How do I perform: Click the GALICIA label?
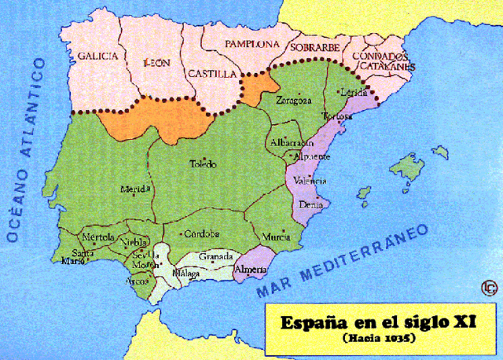(x=97, y=56)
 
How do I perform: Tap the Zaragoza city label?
(x=294, y=101)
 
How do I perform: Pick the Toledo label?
(x=204, y=164)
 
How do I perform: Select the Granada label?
(x=215, y=257)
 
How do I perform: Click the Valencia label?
(x=310, y=181)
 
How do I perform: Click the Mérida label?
(x=132, y=189)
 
